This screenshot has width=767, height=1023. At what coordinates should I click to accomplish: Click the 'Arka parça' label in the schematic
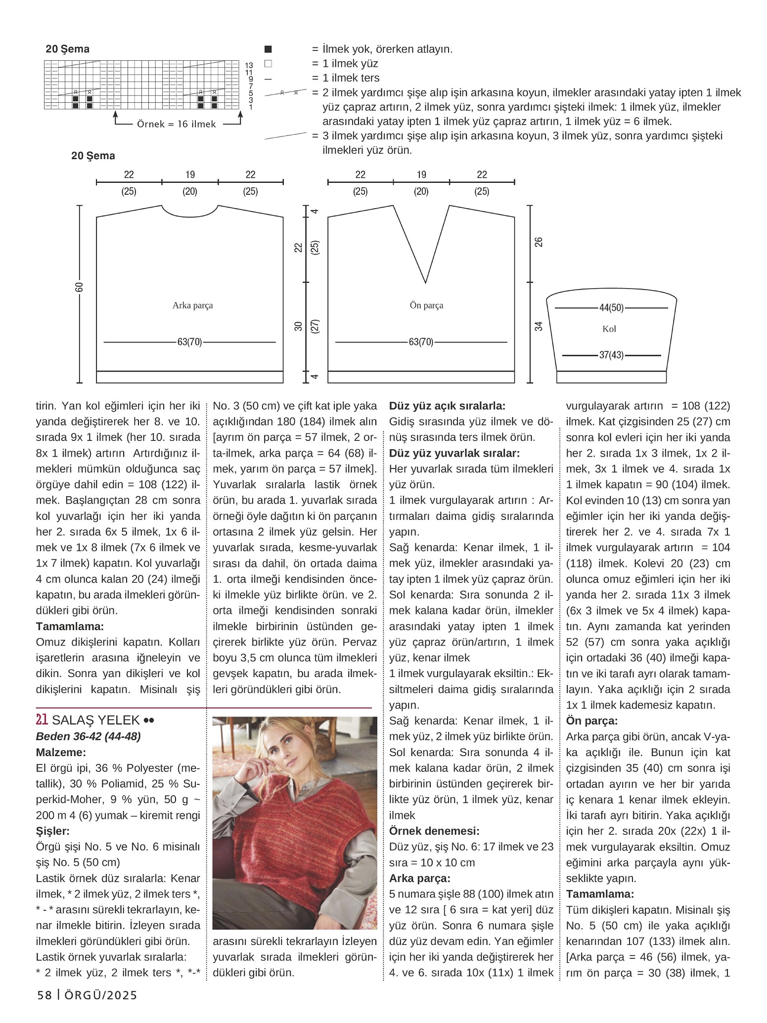[192, 305]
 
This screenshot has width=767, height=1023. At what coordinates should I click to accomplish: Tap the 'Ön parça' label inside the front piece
[426, 305]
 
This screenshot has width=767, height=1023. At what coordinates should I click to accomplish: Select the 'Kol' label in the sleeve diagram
[609, 329]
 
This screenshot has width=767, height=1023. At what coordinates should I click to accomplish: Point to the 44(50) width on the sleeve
[611, 308]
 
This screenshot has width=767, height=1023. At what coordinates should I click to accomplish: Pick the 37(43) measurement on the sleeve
[611, 355]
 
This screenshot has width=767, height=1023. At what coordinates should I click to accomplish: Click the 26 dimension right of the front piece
[539, 242]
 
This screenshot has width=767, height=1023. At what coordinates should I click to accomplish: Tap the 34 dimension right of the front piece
[539, 326]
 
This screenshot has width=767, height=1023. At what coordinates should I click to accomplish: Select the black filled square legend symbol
[268, 49]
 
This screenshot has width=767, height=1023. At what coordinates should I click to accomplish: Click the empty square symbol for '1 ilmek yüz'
[268, 64]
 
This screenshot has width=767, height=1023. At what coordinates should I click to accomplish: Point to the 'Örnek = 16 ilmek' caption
[177, 125]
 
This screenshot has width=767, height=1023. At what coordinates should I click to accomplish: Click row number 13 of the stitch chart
[249, 65]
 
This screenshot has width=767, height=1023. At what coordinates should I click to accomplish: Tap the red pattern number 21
[42, 721]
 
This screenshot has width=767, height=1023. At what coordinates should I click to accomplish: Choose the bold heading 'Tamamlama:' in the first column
[70, 627]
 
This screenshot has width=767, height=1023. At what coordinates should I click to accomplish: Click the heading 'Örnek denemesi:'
[434, 831]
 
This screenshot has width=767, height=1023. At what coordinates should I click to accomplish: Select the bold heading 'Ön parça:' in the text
[592, 721]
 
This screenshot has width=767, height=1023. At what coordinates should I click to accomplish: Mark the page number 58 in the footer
[45, 995]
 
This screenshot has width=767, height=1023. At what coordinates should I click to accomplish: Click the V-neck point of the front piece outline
[426, 283]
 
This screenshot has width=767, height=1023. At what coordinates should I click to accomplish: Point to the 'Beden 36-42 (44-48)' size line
[88, 736]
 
